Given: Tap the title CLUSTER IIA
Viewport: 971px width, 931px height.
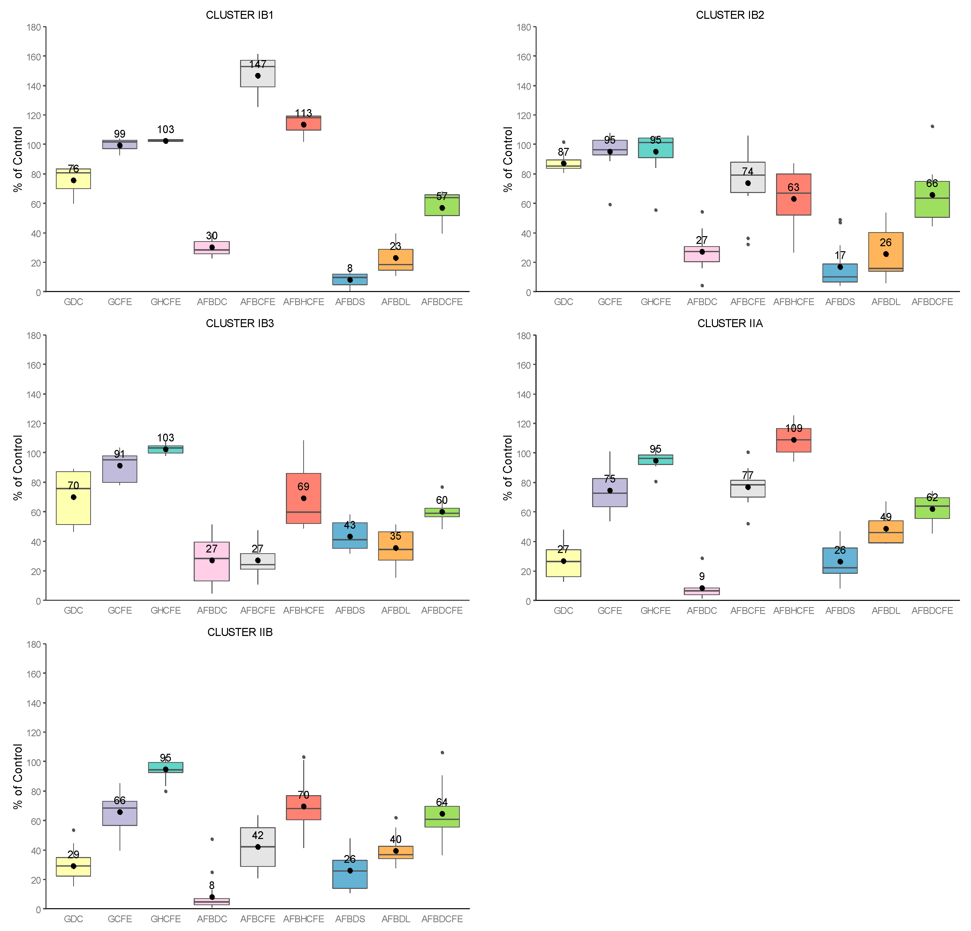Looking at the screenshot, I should (x=730, y=324).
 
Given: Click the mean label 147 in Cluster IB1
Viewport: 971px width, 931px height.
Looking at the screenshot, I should (x=258, y=64).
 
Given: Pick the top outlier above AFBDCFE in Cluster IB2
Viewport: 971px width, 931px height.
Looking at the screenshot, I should (x=932, y=126).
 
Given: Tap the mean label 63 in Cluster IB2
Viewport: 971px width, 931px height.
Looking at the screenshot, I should (x=794, y=187).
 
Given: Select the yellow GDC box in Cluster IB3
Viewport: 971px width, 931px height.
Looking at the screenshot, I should (x=73, y=510).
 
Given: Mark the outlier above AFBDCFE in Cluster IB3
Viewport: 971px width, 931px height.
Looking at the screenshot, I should (x=442, y=487).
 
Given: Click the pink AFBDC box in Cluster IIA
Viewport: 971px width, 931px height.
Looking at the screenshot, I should (x=701, y=591).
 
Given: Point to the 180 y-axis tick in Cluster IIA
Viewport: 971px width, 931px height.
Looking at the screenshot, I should (x=526, y=336).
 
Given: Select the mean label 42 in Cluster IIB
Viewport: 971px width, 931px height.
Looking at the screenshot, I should (x=258, y=835).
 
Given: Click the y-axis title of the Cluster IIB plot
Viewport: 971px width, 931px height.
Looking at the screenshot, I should (x=18, y=776).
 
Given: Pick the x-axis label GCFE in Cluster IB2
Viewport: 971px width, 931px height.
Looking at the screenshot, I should (x=609, y=302).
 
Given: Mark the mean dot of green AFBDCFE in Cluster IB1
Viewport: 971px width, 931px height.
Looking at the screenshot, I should (x=442, y=208).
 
